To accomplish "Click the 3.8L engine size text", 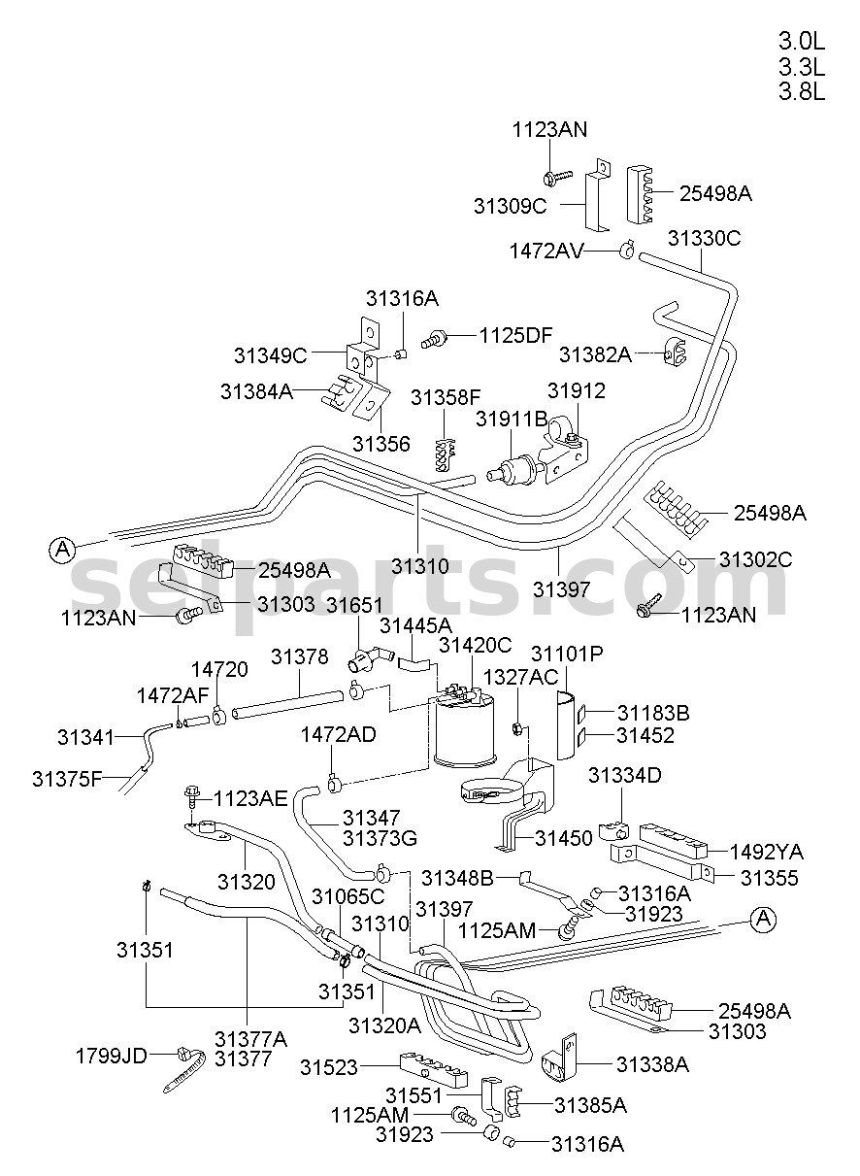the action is (x=801, y=91).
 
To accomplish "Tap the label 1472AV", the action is (x=546, y=251).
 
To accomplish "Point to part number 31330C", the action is (x=704, y=238).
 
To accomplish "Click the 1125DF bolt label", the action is (x=515, y=335).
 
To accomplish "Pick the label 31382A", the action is (x=595, y=354).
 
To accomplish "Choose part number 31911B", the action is (x=512, y=419).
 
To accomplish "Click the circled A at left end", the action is (x=62, y=550).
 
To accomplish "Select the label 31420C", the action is (x=475, y=645).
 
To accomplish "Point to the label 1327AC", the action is (x=520, y=677).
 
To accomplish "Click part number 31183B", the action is (x=653, y=713).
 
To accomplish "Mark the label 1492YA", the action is (x=767, y=852).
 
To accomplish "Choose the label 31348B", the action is (x=457, y=878).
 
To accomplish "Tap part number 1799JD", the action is (x=112, y=1056).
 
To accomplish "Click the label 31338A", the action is (x=652, y=1064).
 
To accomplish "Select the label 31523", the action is (x=329, y=1067).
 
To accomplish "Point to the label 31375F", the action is (x=67, y=779).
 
